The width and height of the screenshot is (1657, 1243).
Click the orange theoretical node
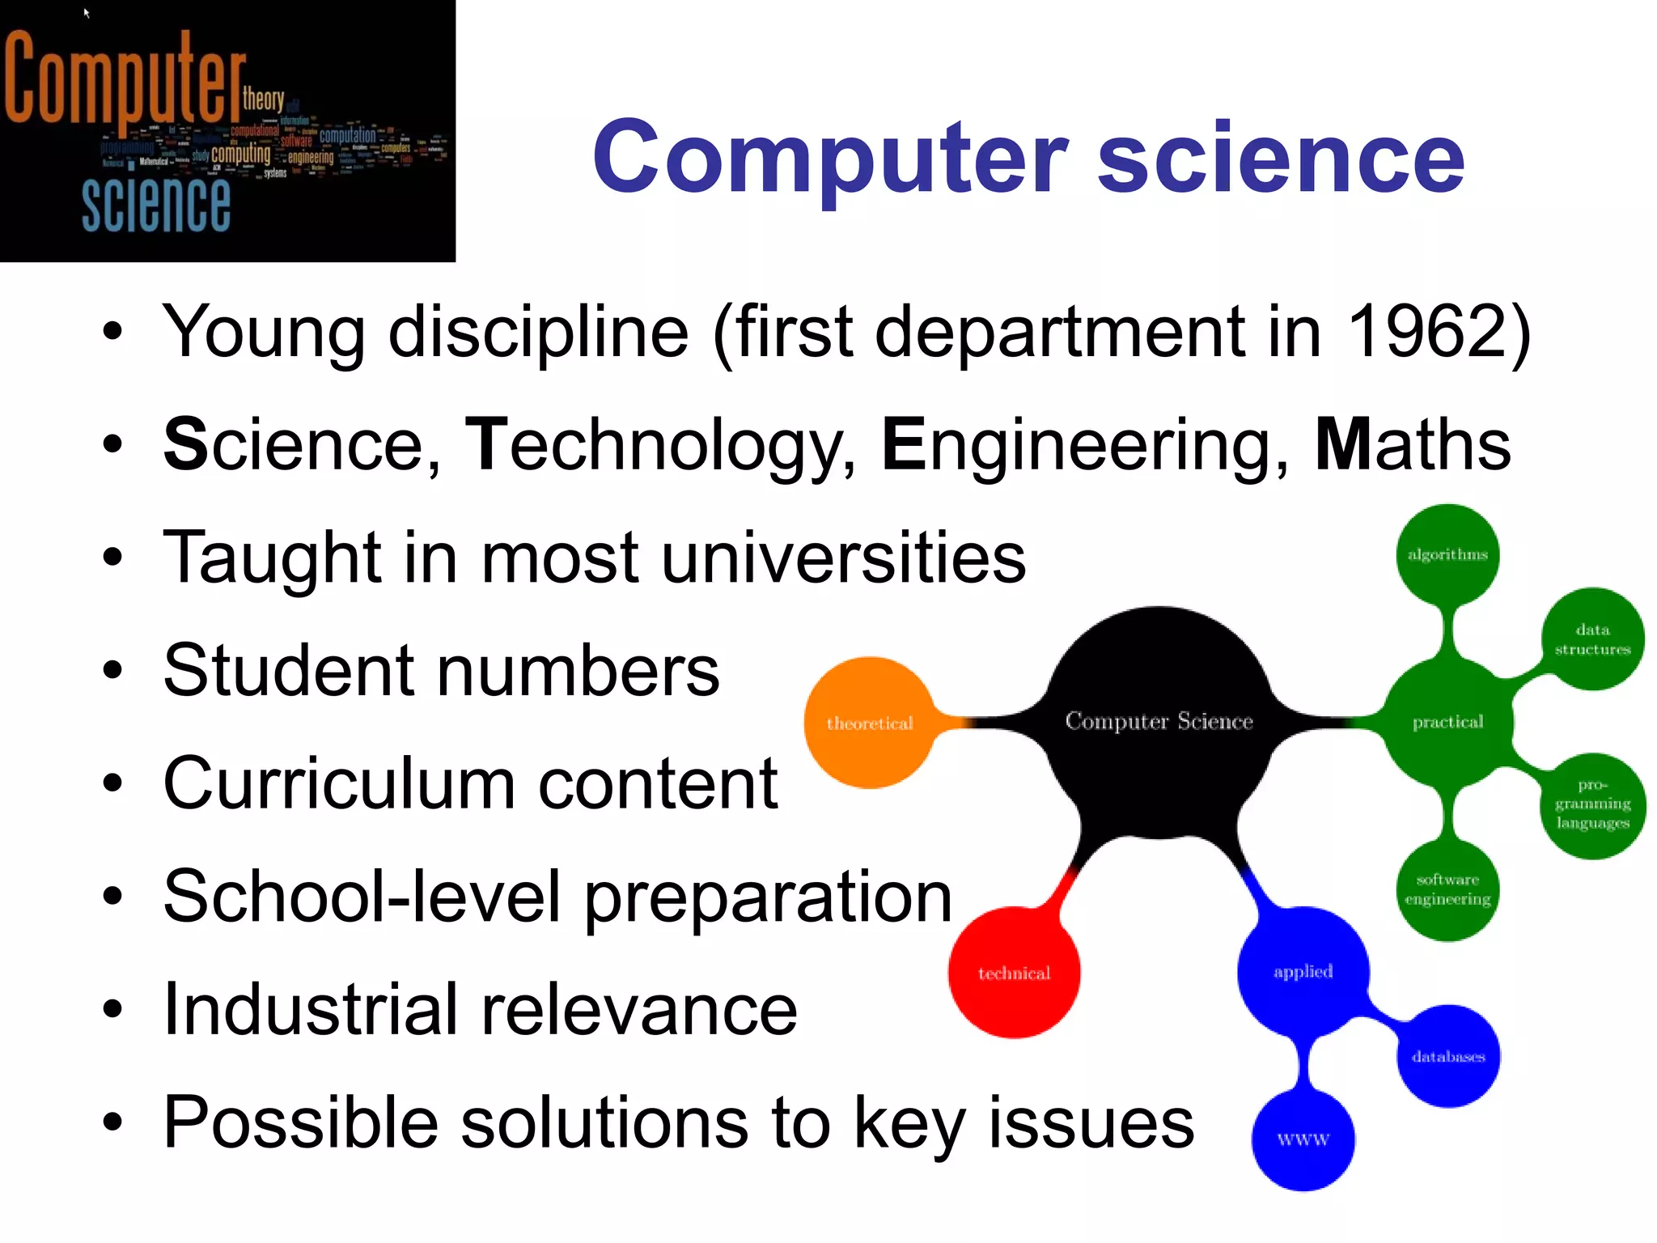click(870, 723)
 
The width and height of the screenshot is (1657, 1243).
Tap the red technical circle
click(1014, 973)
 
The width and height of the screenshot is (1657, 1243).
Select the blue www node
click(1303, 1139)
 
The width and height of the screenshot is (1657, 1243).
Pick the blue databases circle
click(1448, 1056)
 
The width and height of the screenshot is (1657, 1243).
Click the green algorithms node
click(1447, 554)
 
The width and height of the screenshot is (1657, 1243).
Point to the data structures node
click(1592, 639)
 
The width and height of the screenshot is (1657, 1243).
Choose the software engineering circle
click(1447, 889)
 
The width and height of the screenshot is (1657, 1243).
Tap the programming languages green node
click(1592, 804)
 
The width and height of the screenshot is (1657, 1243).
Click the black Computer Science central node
click(1159, 721)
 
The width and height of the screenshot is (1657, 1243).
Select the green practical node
click(1447, 721)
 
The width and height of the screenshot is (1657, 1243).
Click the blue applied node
click(1303, 971)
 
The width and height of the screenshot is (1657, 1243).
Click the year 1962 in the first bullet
click(1426, 331)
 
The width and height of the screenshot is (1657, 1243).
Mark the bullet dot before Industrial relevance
click(112, 1009)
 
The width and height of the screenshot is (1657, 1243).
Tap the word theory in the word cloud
click(263, 100)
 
